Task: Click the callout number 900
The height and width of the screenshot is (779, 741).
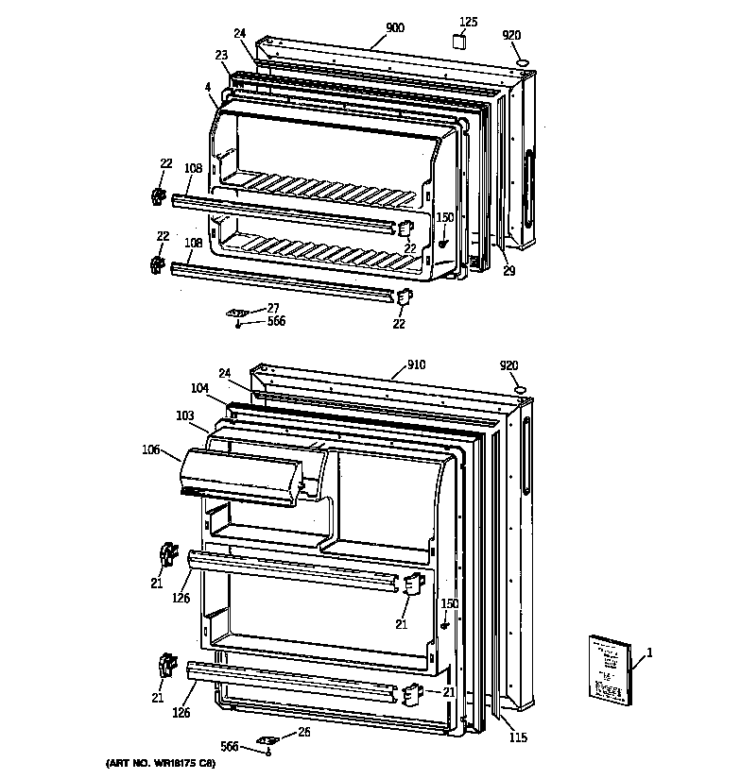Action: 395,28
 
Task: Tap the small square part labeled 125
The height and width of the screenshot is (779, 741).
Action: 458,42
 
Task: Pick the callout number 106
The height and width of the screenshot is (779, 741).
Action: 150,450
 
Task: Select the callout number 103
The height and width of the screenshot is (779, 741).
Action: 184,415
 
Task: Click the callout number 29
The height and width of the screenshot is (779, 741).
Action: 508,271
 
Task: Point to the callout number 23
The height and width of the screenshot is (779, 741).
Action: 221,55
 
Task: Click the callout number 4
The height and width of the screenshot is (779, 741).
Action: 206,88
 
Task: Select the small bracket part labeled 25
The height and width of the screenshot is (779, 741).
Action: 267,740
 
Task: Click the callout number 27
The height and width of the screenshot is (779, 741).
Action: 272,307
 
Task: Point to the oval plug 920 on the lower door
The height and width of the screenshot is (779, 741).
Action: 519,389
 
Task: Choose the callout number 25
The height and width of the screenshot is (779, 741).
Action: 303,732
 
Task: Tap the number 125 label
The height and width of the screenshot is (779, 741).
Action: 469,21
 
